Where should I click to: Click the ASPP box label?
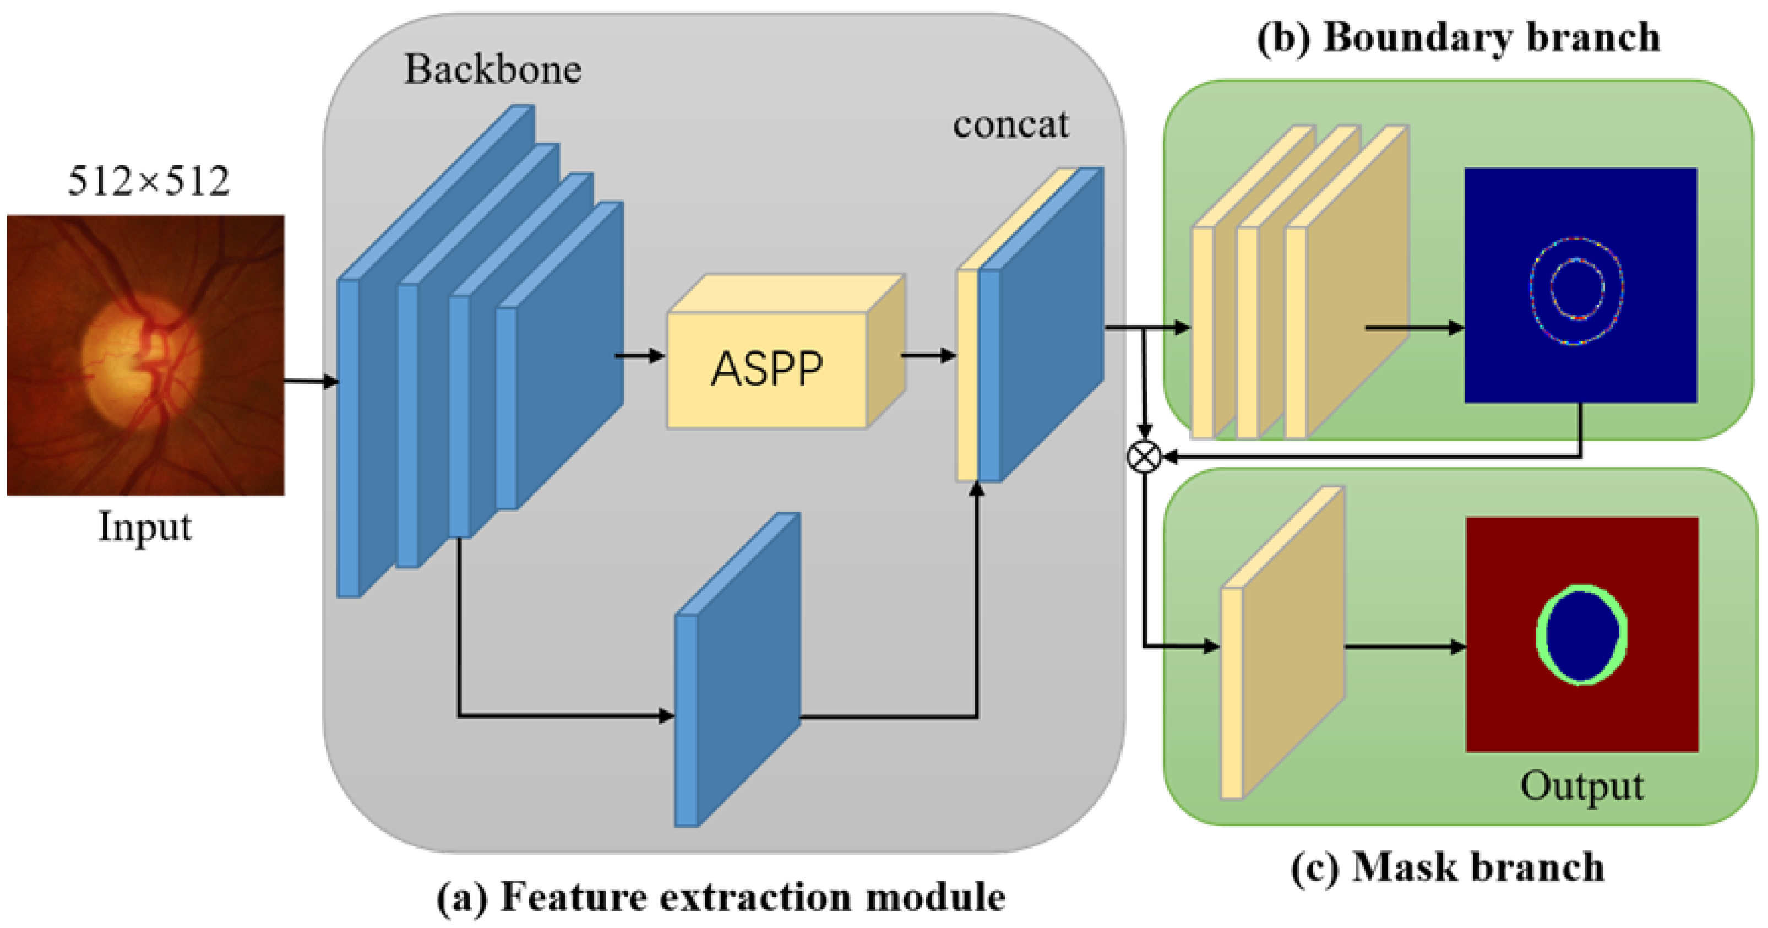click(x=766, y=370)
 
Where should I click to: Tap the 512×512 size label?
click(x=148, y=182)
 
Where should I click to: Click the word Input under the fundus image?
click(x=145, y=527)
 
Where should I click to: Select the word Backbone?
click(x=492, y=70)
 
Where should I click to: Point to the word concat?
click(x=1010, y=125)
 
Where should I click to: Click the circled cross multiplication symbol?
click(x=1145, y=457)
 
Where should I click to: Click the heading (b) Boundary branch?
click(x=1458, y=38)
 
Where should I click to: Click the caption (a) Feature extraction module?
click(x=721, y=897)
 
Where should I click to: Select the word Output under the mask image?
click(x=1581, y=786)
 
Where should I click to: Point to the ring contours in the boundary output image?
click(x=1577, y=290)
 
